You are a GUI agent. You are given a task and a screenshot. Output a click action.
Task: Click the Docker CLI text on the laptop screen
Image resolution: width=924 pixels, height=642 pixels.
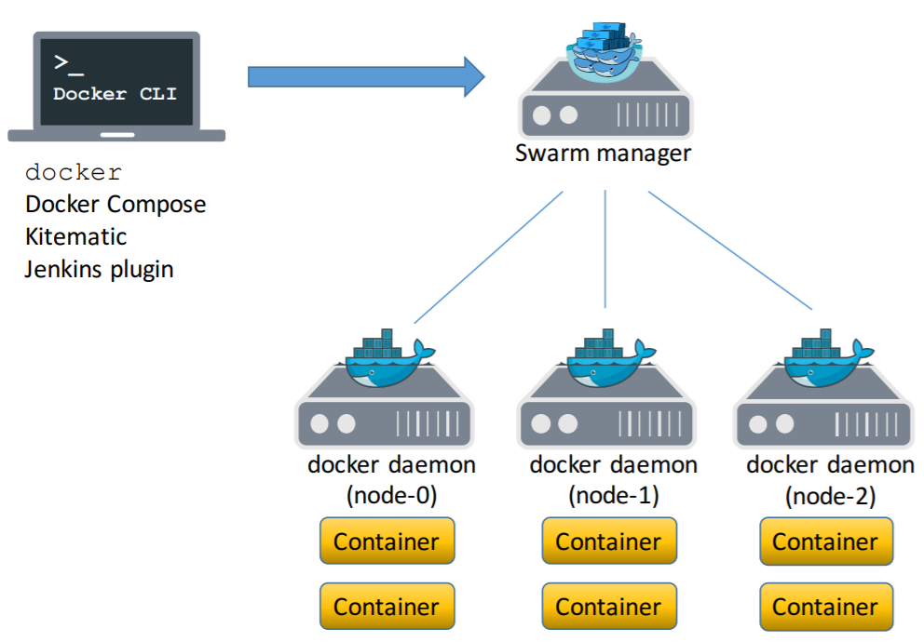(x=115, y=94)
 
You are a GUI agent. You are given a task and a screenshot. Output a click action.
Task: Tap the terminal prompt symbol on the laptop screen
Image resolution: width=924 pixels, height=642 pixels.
(x=68, y=64)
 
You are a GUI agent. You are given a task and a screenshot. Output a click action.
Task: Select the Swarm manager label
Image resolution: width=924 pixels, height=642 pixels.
(x=603, y=153)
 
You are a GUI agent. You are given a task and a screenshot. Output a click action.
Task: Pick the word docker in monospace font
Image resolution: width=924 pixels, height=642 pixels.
(x=74, y=173)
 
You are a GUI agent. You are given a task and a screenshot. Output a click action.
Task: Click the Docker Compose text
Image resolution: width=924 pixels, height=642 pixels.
(x=115, y=205)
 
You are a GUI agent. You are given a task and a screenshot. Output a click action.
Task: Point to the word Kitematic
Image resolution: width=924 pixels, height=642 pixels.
(x=76, y=237)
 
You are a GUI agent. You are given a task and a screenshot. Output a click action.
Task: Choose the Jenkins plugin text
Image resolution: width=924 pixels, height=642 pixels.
(x=100, y=270)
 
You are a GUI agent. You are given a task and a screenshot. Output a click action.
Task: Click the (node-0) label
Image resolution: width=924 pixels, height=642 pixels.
(x=391, y=496)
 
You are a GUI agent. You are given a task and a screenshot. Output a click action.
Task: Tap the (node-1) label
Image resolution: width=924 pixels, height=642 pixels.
(x=613, y=496)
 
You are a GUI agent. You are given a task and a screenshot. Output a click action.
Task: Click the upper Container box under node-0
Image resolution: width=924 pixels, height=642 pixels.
(x=387, y=542)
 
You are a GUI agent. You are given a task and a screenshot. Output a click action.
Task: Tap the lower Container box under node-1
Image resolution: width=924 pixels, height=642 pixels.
(x=609, y=607)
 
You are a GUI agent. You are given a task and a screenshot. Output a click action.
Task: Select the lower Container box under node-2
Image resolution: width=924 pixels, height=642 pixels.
(x=826, y=607)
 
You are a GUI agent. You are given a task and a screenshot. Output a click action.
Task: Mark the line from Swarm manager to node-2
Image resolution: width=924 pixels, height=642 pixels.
(x=729, y=250)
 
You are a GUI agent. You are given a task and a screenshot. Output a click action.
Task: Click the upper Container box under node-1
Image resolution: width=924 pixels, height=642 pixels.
(x=609, y=542)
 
